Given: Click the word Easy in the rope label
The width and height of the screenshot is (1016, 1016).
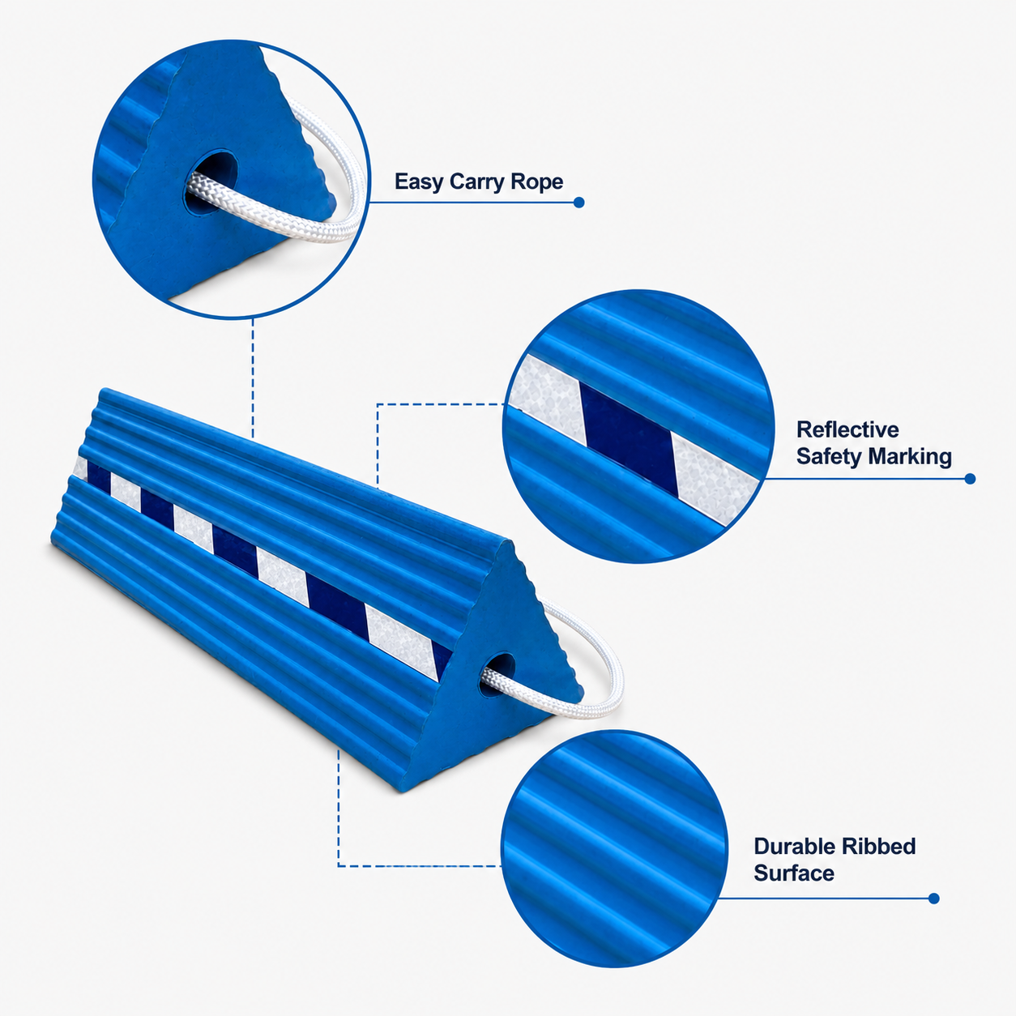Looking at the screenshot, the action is click(x=419, y=182).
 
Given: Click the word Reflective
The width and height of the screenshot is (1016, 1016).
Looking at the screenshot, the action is click(x=847, y=429).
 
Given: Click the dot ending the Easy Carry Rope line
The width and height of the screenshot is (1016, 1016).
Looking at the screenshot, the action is click(x=579, y=203).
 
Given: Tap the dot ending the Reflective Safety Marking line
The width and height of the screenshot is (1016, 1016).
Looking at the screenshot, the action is click(x=970, y=479).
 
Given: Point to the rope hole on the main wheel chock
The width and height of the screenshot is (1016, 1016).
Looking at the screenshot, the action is click(x=497, y=677).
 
